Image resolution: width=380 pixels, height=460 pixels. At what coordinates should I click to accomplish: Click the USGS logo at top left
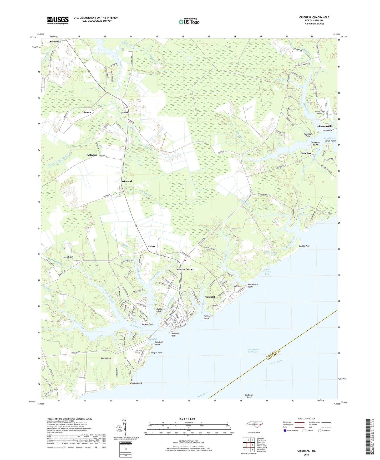(58, 20)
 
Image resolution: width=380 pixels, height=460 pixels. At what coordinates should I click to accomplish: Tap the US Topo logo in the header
(189, 22)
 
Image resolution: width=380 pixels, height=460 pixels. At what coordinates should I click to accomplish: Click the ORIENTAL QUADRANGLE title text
(314, 17)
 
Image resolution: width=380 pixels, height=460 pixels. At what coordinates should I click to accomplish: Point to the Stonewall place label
(55, 42)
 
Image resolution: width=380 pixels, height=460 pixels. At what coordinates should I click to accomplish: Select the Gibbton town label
(86, 112)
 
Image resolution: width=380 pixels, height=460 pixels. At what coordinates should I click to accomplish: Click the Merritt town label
(125, 112)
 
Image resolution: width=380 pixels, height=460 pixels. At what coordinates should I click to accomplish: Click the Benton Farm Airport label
(320, 112)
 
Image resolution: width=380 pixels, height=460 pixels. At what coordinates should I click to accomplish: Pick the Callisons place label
(92, 155)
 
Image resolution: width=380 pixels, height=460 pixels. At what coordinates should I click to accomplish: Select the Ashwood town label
(126, 182)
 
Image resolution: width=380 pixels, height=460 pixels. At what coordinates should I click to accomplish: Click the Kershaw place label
(68, 257)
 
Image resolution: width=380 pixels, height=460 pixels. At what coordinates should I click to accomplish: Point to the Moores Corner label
(185, 269)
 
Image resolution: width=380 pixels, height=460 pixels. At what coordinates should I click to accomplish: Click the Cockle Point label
(305, 246)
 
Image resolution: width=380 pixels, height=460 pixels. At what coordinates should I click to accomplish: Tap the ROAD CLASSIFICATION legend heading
(306, 419)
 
